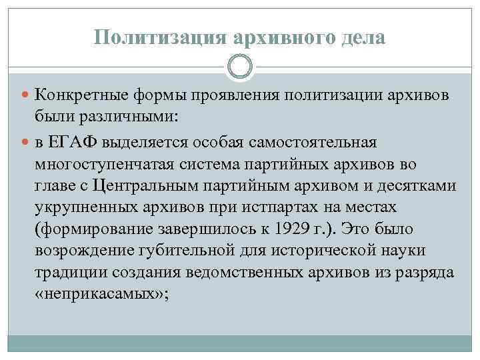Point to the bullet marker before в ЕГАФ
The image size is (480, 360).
tap(25, 142)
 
